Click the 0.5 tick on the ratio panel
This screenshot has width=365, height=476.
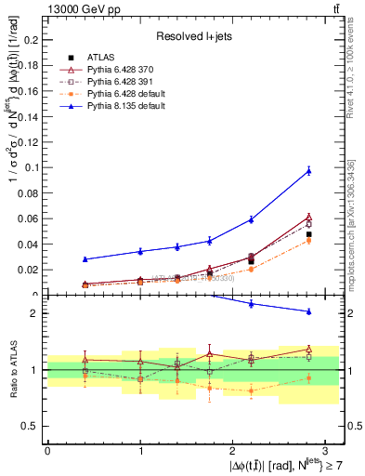tap(32, 426)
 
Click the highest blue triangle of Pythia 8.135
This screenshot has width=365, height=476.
tap(309, 170)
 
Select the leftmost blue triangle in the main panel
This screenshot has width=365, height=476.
tap(85, 259)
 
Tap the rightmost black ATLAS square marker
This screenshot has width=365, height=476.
tap(309, 234)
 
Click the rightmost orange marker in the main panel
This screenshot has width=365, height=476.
tap(309, 241)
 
